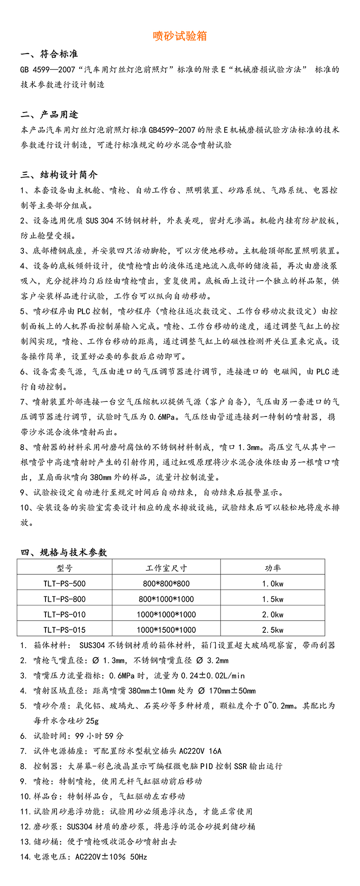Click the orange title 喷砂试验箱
[x=180, y=36]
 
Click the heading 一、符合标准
[x=49, y=54]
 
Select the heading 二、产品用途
[x=49, y=115]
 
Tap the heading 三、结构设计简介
[x=59, y=175]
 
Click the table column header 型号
[x=64, y=568]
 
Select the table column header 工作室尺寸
[x=166, y=568]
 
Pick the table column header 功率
[x=272, y=568]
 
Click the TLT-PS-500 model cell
[x=64, y=584]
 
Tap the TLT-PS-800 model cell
[x=64, y=599]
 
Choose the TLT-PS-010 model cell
[x=64, y=614]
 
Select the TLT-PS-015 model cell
[x=64, y=630]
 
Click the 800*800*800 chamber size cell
[x=166, y=584]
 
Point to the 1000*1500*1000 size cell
[x=166, y=630]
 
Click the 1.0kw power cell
[x=272, y=584]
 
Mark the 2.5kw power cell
[x=272, y=630]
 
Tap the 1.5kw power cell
[x=272, y=599]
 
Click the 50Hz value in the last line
[x=138, y=857]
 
